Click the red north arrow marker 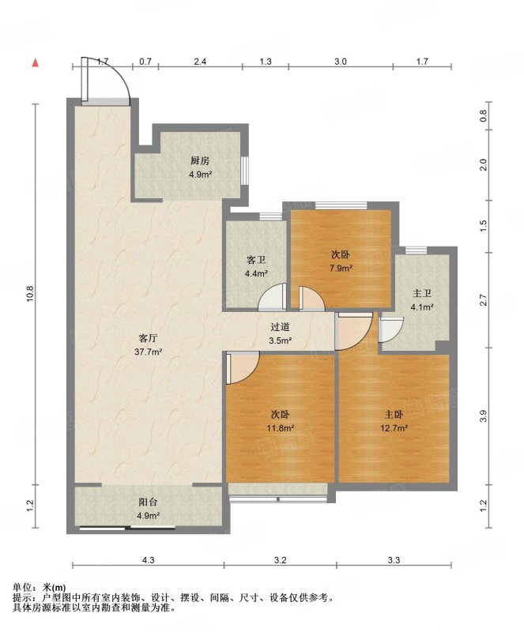tap(36, 62)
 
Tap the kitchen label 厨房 tap(200, 161)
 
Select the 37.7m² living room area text tap(149, 352)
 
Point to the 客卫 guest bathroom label tap(256, 261)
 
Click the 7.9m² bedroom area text tap(341, 268)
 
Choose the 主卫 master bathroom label tap(422, 293)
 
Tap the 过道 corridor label tap(280, 327)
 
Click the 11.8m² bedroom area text tap(280, 428)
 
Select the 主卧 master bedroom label tap(394, 414)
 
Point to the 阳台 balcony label tap(148, 502)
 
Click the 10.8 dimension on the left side tap(32, 294)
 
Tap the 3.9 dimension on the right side tap(484, 416)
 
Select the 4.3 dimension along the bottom tap(149, 560)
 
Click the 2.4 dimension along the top tap(200, 62)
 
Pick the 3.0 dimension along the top tap(341, 62)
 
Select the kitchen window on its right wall tap(244, 170)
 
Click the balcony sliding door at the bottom tap(127, 527)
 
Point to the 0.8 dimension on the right tap(484, 116)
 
